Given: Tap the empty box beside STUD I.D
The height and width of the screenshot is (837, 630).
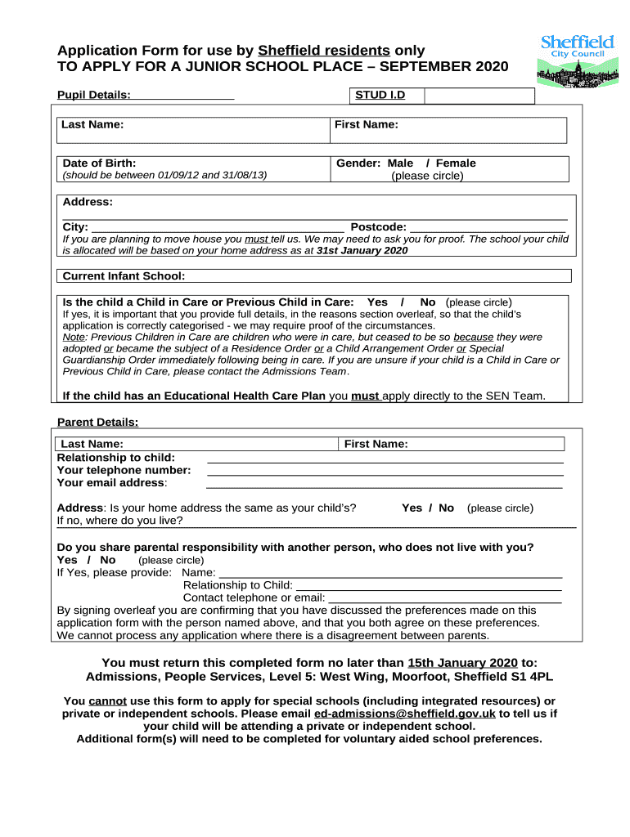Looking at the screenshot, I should [x=479, y=96].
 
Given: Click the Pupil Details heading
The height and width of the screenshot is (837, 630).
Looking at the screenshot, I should [x=94, y=96].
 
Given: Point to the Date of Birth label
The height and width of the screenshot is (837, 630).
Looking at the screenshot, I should [x=100, y=163].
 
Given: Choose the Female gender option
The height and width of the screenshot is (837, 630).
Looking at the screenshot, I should [x=456, y=163].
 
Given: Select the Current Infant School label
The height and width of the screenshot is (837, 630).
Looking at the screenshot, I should [x=124, y=276].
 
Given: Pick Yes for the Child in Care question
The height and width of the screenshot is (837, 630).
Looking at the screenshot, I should [x=377, y=302].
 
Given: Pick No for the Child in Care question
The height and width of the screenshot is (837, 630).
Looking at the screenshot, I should [x=427, y=302].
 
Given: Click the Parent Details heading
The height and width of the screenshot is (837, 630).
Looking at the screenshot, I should [x=97, y=423].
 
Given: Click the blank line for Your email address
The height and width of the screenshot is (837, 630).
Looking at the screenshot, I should [x=385, y=485].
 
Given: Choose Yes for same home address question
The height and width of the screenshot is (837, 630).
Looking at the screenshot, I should [x=412, y=508].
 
